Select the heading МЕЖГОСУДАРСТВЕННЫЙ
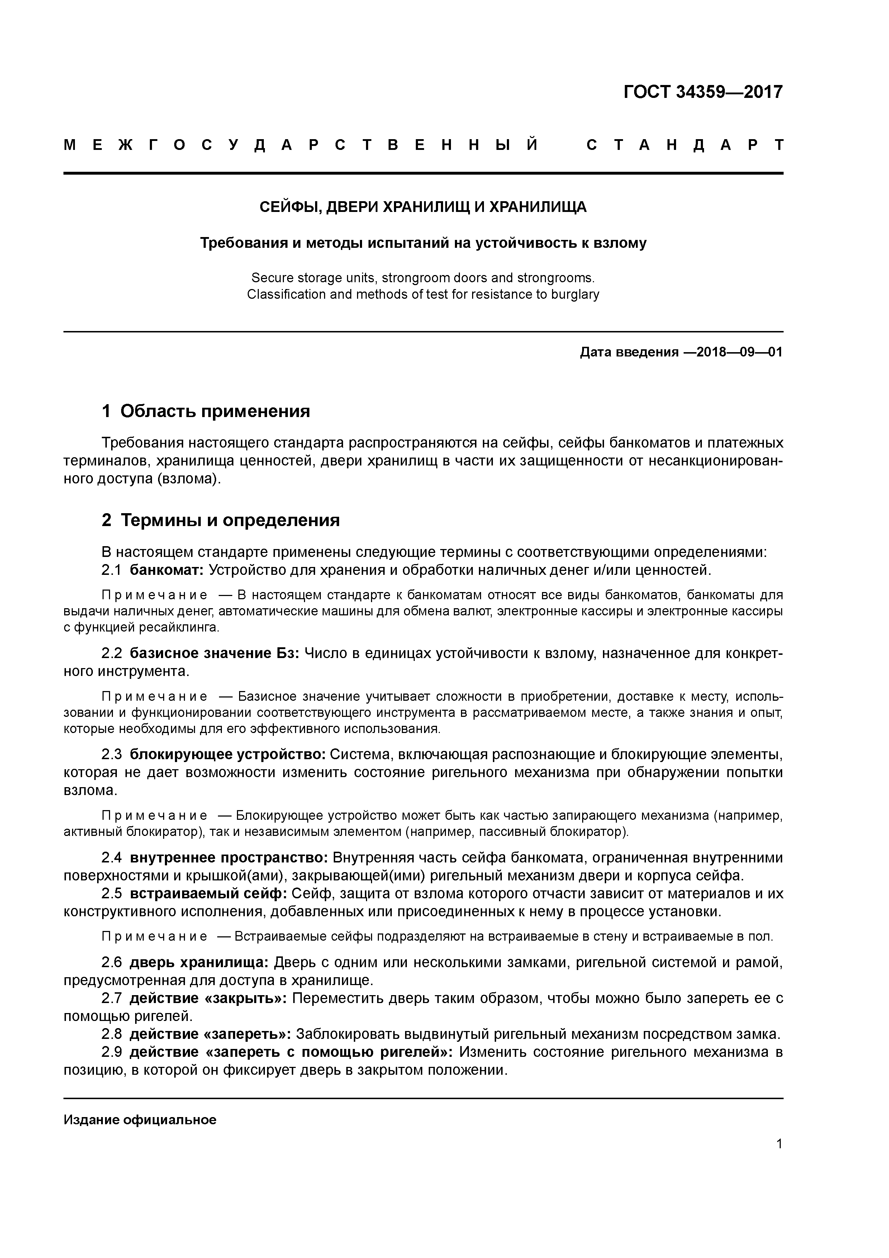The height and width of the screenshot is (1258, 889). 301,145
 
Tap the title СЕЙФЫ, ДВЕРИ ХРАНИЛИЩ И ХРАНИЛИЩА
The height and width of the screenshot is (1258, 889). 422,207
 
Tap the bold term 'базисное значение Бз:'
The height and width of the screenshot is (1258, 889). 214,654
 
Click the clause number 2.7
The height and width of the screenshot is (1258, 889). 111,999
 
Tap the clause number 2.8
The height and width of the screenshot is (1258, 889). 111,1035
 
